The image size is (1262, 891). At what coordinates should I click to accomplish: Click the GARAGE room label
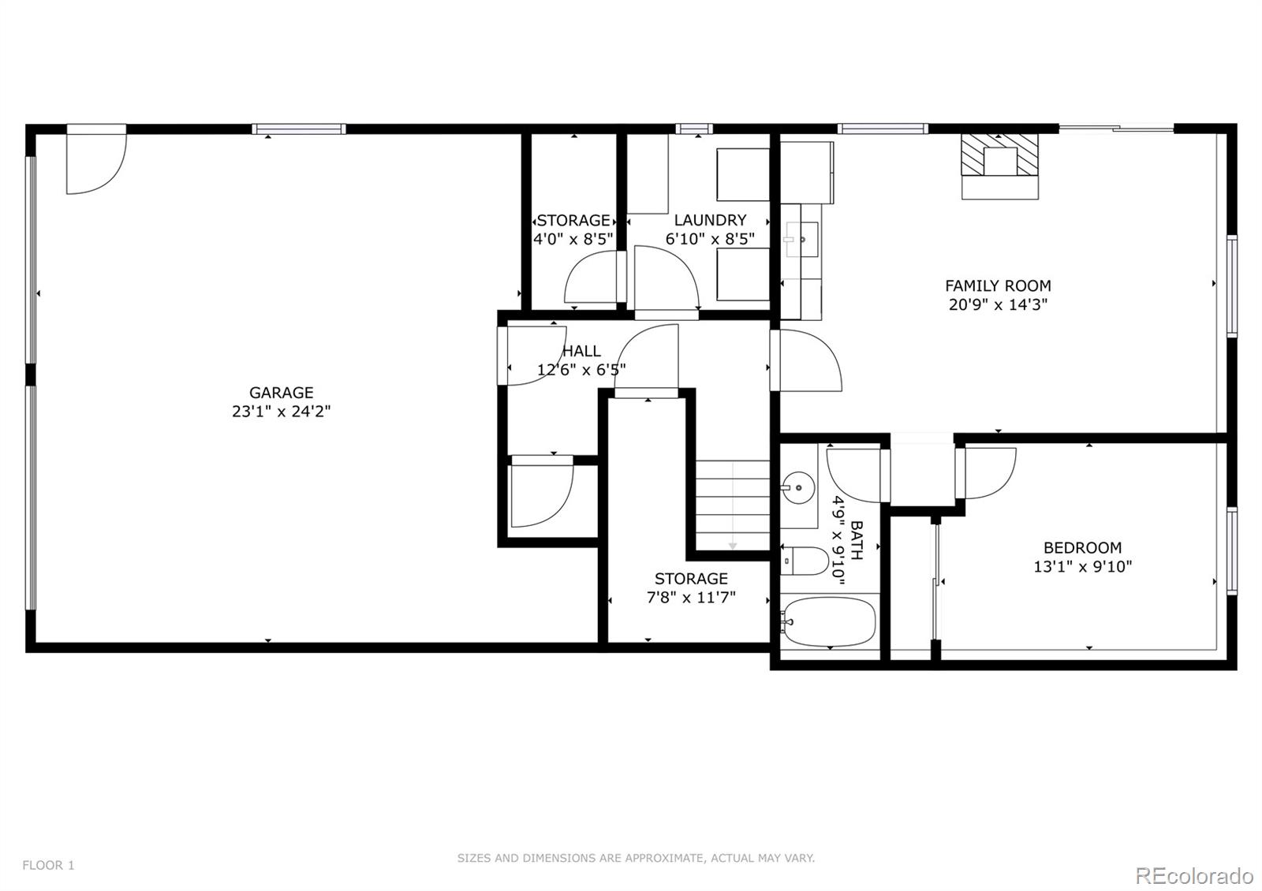coord(281,392)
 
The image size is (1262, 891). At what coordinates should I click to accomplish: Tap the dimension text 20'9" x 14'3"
coord(998,304)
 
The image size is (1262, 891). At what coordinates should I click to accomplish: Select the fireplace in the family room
coord(999,166)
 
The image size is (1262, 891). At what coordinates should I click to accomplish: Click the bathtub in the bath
coord(829,621)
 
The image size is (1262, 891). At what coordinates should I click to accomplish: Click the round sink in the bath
coord(799,483)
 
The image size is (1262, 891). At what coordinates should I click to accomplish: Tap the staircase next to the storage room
coord(732,505)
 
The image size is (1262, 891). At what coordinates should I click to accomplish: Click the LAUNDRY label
coord(710,220)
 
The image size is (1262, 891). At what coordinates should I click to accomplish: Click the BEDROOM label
coord(1082,547)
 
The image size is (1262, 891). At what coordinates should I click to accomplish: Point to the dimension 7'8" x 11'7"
coord(691,598)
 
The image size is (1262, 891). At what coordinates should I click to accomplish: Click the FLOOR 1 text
coord(48,865)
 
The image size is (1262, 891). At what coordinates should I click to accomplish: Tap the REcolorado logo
coord(1193,875)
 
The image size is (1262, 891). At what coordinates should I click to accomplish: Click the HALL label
coord(581,351)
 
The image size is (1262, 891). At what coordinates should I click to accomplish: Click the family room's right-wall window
coord(1231,285)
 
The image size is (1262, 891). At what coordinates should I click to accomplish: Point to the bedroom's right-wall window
coord(1231,550)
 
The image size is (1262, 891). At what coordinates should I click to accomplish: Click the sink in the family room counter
coord(801,236)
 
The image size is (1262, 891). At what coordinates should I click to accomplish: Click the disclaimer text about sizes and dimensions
coord(636,858)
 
